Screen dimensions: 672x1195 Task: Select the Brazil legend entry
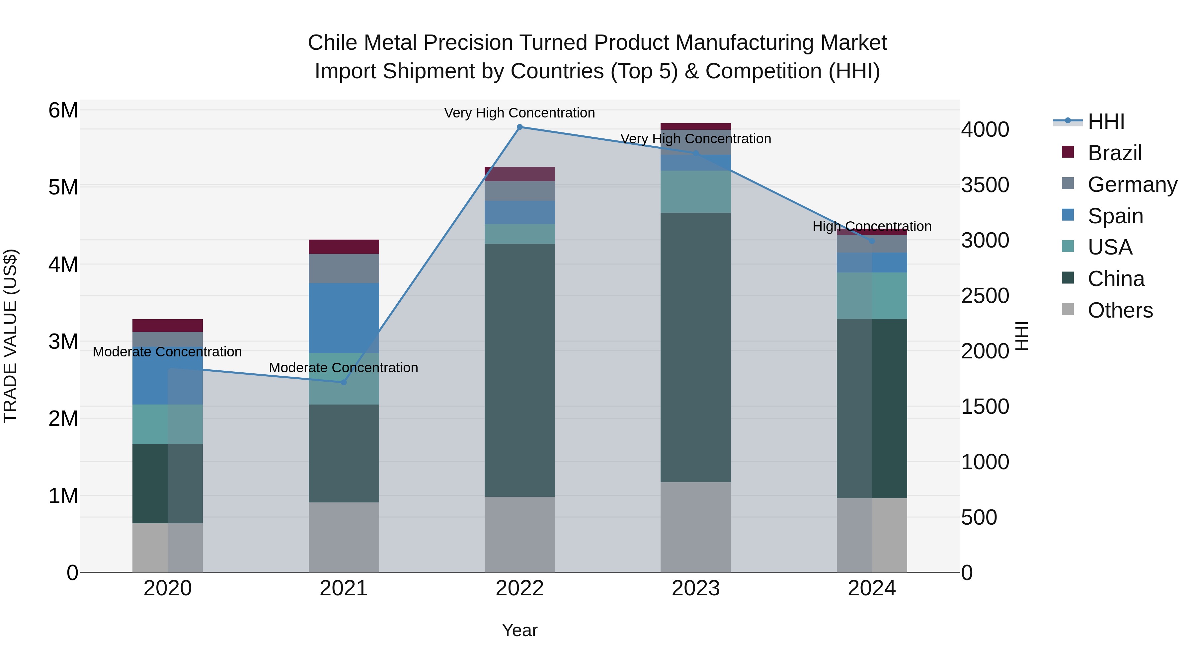point(1114,153)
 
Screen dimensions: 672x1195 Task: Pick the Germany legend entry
point(1132,185)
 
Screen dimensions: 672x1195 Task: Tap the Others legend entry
point(1120,310)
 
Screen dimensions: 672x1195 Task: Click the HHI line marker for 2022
point(519,127)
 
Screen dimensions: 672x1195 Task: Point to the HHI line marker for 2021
point(344,382)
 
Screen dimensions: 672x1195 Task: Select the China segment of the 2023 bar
point(695,348)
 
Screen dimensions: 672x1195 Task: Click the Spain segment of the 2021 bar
point(344,318)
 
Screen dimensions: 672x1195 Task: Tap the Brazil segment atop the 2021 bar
point(344,247)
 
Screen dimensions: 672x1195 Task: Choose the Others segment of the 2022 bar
point(519,534)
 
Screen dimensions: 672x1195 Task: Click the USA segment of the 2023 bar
point(695,191)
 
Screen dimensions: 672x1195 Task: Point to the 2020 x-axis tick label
point(168,588)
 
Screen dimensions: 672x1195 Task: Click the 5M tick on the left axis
point(63,188)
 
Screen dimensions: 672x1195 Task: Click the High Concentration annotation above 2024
point(872,226)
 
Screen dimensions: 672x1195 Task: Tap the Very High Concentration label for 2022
point(519,113)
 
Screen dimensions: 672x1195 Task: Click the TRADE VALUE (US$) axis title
point(10,336)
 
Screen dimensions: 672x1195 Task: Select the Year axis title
point(519,630)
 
